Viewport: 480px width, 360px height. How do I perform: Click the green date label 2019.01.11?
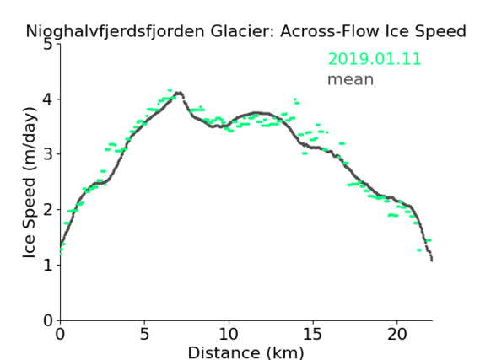375,59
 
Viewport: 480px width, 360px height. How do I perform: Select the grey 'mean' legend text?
351,79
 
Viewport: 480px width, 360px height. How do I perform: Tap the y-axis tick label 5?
48,45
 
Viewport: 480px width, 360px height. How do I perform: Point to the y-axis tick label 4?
48,99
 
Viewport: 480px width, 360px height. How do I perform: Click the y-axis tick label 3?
48,154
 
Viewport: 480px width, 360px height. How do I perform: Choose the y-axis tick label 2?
48,210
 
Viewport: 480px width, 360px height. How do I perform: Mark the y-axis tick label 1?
48,265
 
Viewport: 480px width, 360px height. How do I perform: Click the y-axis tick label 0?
48,320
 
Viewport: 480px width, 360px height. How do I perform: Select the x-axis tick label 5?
144,334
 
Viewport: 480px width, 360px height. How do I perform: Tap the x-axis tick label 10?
229,334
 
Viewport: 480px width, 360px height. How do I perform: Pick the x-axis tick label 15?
313,334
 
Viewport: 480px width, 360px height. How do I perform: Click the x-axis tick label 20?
397,334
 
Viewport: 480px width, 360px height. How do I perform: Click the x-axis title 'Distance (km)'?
245,352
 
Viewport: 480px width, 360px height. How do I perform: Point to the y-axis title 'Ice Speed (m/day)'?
30,182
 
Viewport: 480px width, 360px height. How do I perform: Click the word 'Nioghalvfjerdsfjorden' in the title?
115,31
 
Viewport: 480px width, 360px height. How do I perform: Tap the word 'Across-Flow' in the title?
329,31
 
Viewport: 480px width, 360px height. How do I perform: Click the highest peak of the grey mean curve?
179,93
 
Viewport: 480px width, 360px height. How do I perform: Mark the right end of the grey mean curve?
432,261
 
